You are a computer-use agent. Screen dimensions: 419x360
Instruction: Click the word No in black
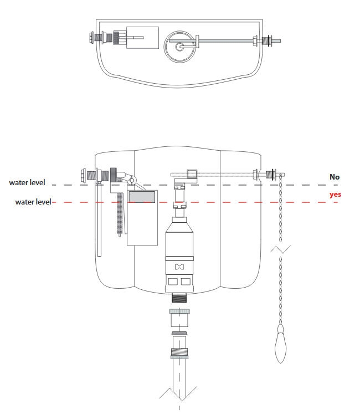tap(335, 177)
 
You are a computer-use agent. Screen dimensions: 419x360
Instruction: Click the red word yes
tap(335, 195)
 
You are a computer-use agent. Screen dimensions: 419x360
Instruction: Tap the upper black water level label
tap(27, 183)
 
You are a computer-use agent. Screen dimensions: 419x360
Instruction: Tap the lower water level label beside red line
tap(33, 202)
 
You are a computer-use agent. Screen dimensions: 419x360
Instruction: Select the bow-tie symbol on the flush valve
tap(179, 267)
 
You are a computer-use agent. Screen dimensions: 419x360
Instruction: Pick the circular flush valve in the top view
tap(179, 45)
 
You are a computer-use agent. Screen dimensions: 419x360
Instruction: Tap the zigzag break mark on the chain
tap(280, 249)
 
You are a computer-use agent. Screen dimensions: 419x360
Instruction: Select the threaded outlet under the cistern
tap(179, 297)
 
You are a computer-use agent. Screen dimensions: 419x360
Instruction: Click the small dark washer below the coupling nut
tap(179, 333)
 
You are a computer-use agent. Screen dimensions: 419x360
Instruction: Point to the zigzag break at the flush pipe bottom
tap(179, 394)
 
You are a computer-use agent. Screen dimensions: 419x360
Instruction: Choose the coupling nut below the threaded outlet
tap(179, 318)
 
